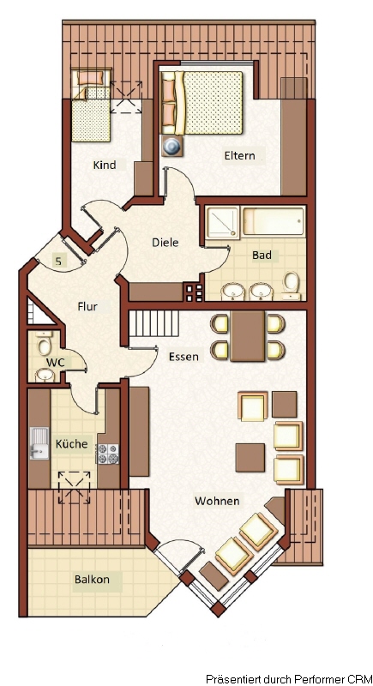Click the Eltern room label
tap(239, 155)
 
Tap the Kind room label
tap(105, 165)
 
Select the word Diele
tap(165, 242)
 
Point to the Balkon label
tap(92, 580)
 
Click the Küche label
tap(71, 443)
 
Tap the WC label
tap(56, 363)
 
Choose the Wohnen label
tap(217, 501)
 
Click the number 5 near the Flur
tap(58, 262)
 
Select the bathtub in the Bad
tap(274, 221)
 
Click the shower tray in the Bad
tap(223, 223)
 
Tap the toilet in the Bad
tap(291, 285)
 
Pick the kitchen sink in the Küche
tap(39, 443)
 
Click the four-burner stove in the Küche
tap(107, 454)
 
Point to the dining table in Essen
tap(248, 336)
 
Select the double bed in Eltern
tap(202, 102)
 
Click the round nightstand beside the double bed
tap(172, 145)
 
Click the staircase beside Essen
tap(154, 324)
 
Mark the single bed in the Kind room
tap(91, 105)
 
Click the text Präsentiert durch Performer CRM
tap(289, 679)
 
